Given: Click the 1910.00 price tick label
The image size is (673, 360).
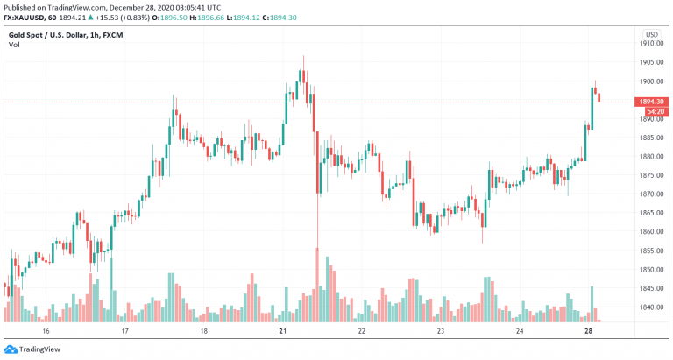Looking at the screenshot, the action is click(x=652, y=43).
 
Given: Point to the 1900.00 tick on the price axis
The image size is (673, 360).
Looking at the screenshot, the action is click(x=652, y=81).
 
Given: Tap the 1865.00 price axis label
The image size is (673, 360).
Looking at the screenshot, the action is click(x=652, y=213).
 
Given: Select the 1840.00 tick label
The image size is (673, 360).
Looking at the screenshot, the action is click(x=652, y=307).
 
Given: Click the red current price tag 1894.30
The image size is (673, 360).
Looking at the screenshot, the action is click(x=652, y=102).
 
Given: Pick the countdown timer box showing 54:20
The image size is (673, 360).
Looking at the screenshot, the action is click(x=655, y=111).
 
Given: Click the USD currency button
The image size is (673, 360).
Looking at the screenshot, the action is click(x=652, y=34).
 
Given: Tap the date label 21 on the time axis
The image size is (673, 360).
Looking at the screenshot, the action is click(x=282, y=331).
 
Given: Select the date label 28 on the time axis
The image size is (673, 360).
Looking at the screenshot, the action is click(x=589, y=331).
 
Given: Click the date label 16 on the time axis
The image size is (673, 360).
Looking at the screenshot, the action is click(x=46, y=331).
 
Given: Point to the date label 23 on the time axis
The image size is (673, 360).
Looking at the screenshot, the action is click(x=441, y=331).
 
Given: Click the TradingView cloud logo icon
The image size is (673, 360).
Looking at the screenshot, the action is click(x=11, y=349).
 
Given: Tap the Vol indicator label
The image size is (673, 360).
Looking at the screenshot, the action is click(x=14, y=45).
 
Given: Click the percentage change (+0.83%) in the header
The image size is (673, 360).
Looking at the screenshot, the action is click(x=136, y=18).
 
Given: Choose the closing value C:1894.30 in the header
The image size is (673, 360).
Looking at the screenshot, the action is click(x=279, y=18).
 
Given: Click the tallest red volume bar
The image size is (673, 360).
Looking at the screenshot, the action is click(x=317, y=285).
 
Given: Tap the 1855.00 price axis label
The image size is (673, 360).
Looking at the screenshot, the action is click(x=652, y=251).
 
